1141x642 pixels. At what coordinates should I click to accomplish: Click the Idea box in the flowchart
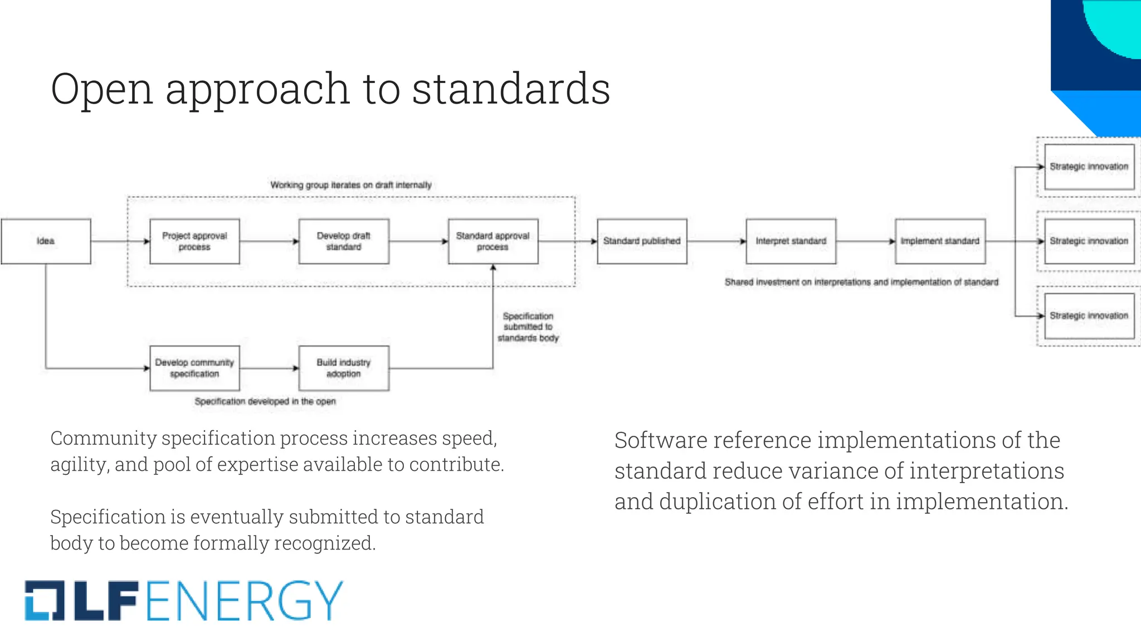click(46, 241)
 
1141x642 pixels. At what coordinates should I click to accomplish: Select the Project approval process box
click(194, 241)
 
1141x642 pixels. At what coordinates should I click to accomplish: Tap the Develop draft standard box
click(344, 241)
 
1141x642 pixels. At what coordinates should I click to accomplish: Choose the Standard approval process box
click(493, 241)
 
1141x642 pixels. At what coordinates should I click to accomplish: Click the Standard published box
click(642, 241)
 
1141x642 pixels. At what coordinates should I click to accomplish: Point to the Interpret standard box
click(791, 241)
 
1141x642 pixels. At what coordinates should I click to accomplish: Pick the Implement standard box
click(940, 241)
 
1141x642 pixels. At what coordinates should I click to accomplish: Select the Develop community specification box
click(194, 368)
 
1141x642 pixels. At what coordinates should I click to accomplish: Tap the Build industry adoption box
click(344, 368)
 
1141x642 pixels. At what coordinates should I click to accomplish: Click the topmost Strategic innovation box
click(1089, 167)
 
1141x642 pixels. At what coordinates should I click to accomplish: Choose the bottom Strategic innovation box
click(1089, 316)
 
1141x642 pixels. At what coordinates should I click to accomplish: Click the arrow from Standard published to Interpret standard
click(716, 241)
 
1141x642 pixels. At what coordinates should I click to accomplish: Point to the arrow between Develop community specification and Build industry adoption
click(269, 368)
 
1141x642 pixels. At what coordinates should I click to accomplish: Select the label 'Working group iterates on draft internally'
click(351, 185)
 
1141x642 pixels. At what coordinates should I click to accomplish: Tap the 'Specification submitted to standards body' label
click(528, 327)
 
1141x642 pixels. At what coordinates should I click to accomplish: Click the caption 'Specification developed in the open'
click(265, 402)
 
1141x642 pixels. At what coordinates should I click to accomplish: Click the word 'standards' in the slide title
click(511, 89)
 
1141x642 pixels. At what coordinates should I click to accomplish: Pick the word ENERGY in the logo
click(245, 601)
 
